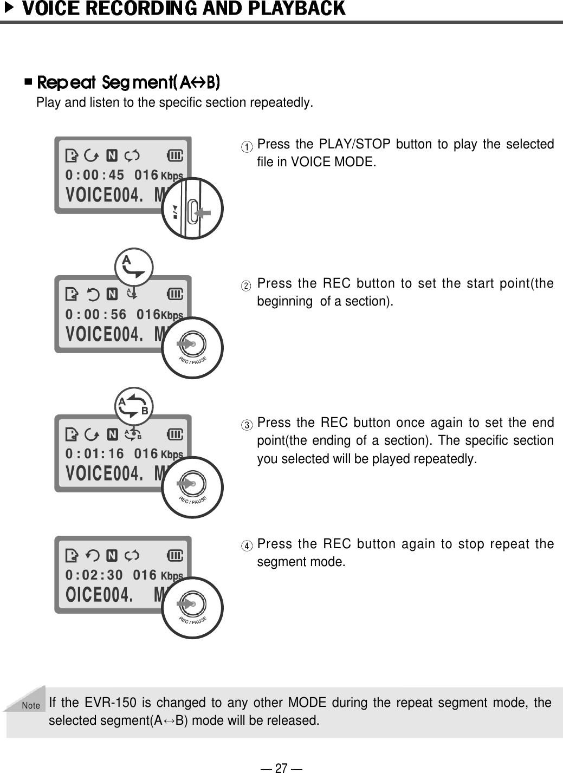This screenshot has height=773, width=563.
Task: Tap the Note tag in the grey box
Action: [x=31, y=705]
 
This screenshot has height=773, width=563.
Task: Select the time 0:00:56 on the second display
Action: [x=95, y=314]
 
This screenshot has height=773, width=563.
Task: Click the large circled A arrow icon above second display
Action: [x=134, y=267]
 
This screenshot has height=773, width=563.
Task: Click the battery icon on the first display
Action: [x=176, y=156]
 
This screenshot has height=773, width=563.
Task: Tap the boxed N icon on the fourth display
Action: [x=112, y=555]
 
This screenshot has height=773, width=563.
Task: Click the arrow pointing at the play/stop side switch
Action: [x=203, y=213]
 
